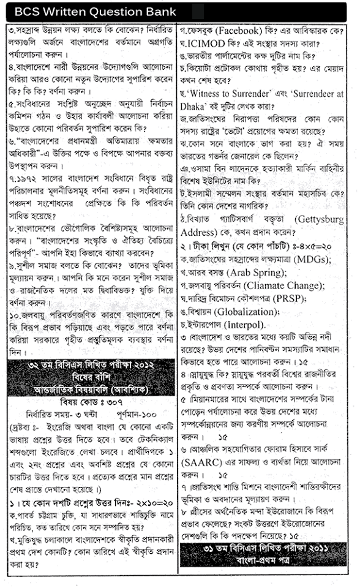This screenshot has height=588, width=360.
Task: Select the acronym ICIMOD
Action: pyautogui.click(x=206, y=45)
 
